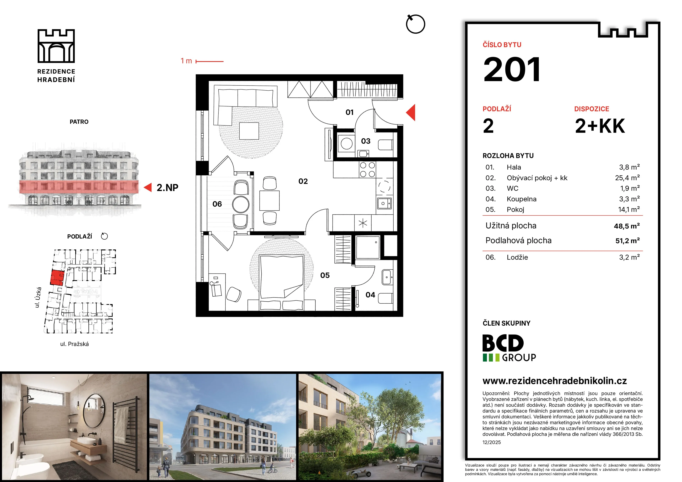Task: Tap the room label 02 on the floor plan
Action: [303, 181]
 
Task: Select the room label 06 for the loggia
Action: [217, 204]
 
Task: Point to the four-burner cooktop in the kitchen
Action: [367, 170]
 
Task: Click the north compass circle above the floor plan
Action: [416, 24]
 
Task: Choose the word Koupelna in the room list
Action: [522, 199]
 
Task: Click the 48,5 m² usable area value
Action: [627, 226]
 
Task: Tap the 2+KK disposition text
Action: [600, 126]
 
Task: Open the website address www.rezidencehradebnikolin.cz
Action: [555, 381]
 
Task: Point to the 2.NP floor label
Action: [167, 188]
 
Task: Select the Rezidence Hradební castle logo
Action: [56, 46]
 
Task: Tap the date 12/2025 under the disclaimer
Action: [492, 442]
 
